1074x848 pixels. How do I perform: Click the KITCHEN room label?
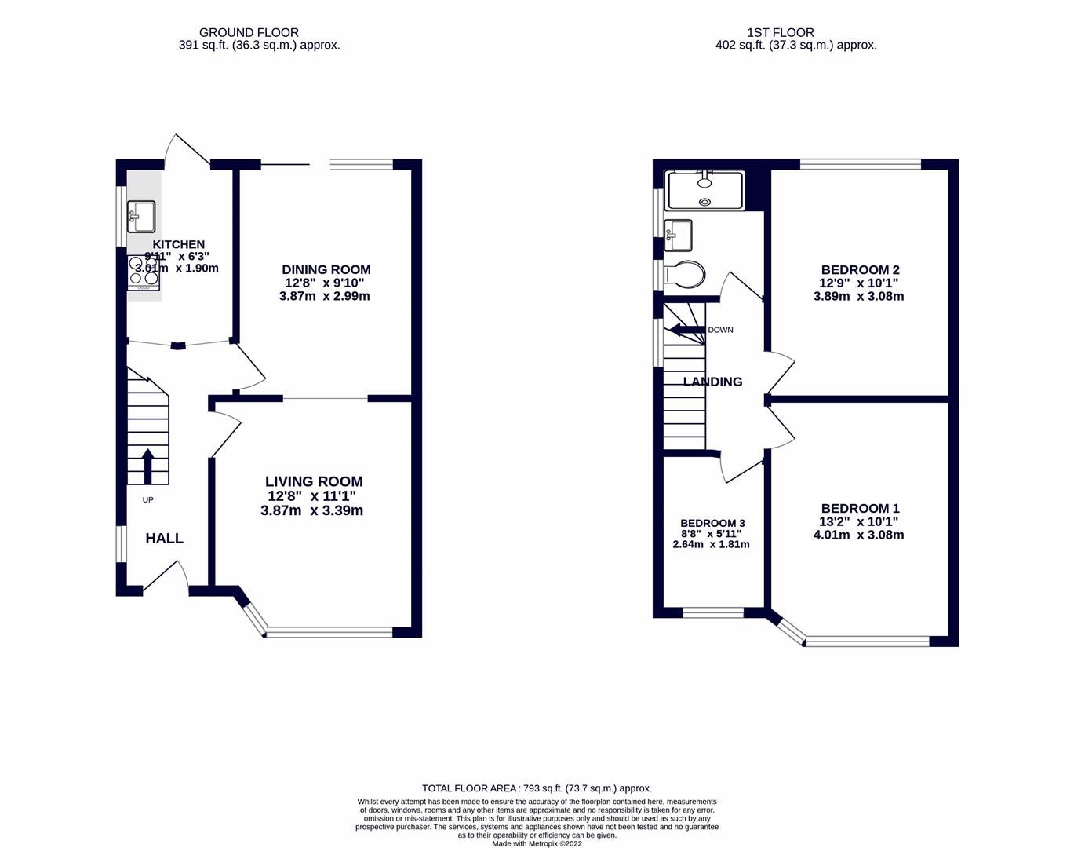[178, 245]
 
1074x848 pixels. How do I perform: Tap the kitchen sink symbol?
[141, 216]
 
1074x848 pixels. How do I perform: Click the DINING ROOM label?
[326, 270]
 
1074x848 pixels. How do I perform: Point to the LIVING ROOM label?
[314, 481]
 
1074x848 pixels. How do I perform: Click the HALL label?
[164, 539]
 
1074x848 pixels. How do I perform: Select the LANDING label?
[712, 382]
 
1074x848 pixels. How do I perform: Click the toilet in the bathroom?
[686, 275]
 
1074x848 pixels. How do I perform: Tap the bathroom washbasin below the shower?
[678, 235]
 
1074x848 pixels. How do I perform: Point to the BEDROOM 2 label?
[860, 270]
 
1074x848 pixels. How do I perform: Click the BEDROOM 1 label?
[860, 509]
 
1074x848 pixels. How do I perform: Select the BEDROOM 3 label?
[712, 523]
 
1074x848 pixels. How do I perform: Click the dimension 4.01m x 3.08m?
[858, 535]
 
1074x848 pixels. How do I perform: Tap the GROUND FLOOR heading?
[249, 32]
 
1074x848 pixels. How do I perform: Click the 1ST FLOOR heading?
[780, 32]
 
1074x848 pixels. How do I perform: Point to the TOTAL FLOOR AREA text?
[537, 788]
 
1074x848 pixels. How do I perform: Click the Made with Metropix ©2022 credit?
[537, 844]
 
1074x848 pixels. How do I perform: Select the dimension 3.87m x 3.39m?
[311, 510]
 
